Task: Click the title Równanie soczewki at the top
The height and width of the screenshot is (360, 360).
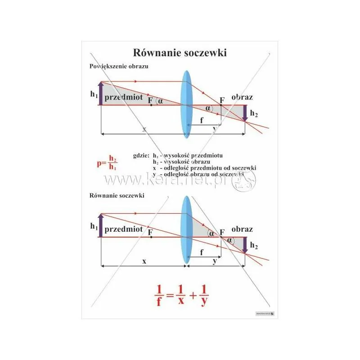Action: pyautogui.click(x=180, y=53)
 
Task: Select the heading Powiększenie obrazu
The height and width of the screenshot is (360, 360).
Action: pyautogui.click(x=119, y=66)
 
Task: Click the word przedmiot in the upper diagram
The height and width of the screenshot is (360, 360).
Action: pyautogui.click(x=123, y=97)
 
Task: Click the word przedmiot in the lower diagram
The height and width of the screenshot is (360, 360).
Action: pyautogui.click(x=123, y=229)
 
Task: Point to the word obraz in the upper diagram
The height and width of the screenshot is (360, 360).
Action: pyautogui.click(x=242, y=97)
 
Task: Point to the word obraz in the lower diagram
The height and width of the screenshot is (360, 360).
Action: pyautogui.click(x=242, y=229)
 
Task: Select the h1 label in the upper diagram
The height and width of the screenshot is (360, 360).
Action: pyautogui.click(x=94, y=94)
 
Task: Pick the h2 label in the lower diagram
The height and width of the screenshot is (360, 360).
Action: pyautogui.click(x=254, y=246)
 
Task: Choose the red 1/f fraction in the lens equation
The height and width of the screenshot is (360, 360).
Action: pyautogui.click(x=159, y=295)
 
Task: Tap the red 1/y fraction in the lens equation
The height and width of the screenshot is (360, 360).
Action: pyautogui.click(x=204, y=295)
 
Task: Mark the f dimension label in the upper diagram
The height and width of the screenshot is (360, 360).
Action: pyautogui.click(x=201, y=120)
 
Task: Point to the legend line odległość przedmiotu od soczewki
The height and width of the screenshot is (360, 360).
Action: pyautogui.click(x=205, y=167)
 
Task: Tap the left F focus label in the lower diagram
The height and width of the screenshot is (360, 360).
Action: pyautogui.click(x=150, y=233)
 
